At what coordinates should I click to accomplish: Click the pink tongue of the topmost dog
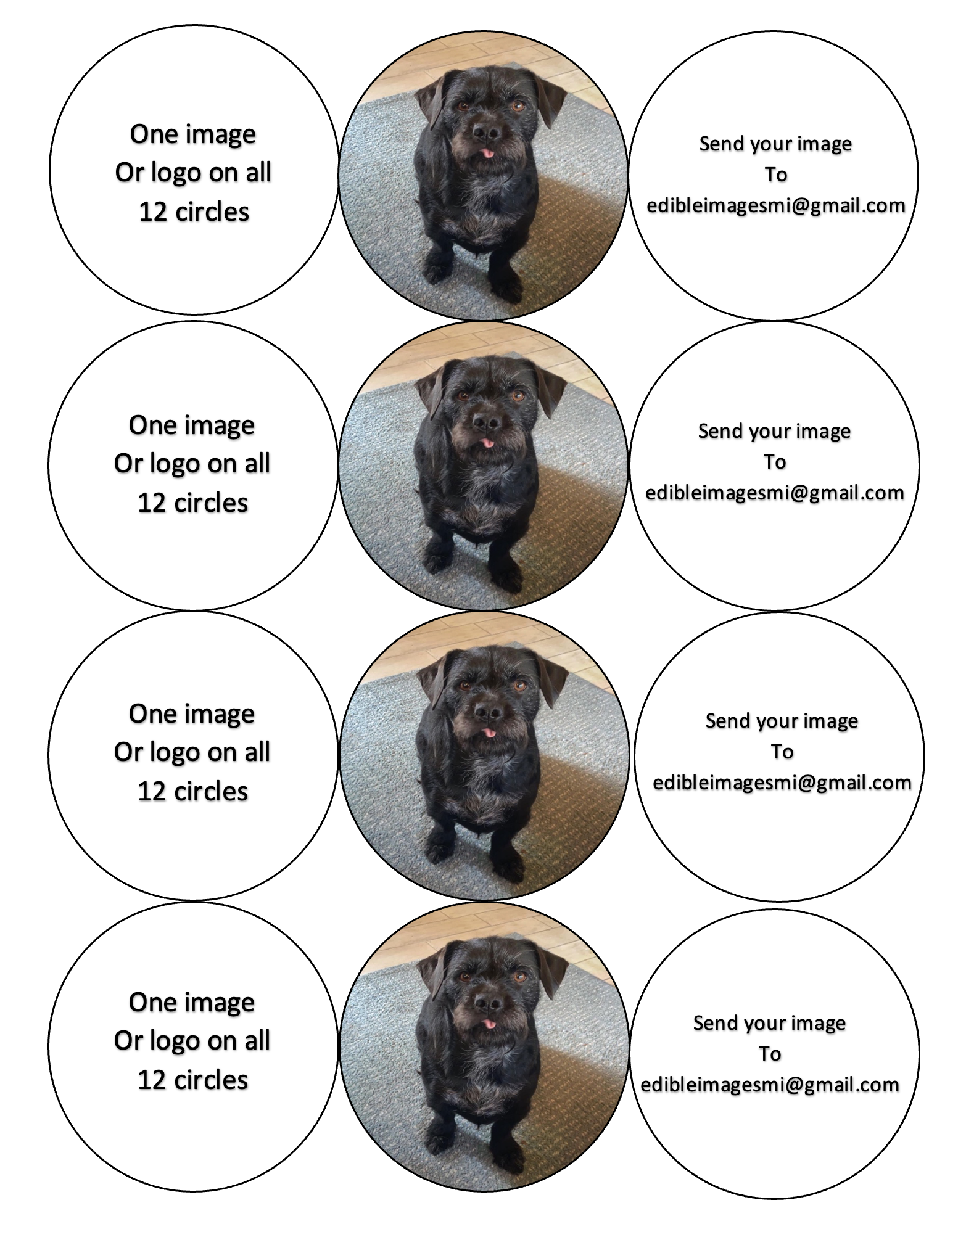tap(488, 152)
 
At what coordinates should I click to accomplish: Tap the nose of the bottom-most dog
tap(487, 1003)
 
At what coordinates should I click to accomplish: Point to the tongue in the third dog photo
tap(489, 733)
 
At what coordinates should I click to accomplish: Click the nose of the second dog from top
tap(486, 422)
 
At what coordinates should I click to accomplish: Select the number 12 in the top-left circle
tap(153, 212)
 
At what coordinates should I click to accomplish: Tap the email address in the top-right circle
tap(776, 205)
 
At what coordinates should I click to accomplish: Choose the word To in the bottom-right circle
tap(770, 1054)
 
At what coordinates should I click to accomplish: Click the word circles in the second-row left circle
tap(211, 503)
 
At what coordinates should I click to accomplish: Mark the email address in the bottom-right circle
tap(770, 1085)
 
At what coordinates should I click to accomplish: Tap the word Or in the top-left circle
tap(129, 173)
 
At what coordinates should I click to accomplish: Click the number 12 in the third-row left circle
tap(152, 791)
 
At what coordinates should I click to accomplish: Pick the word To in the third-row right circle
tap(782, 752)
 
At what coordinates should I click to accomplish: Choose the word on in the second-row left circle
tap(221, 464)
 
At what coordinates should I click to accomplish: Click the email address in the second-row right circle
tap(775, 493)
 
